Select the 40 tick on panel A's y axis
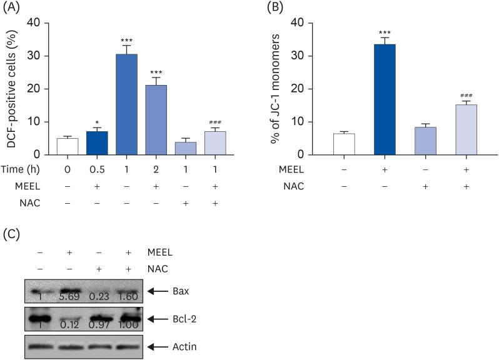39,23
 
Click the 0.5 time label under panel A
96,169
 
